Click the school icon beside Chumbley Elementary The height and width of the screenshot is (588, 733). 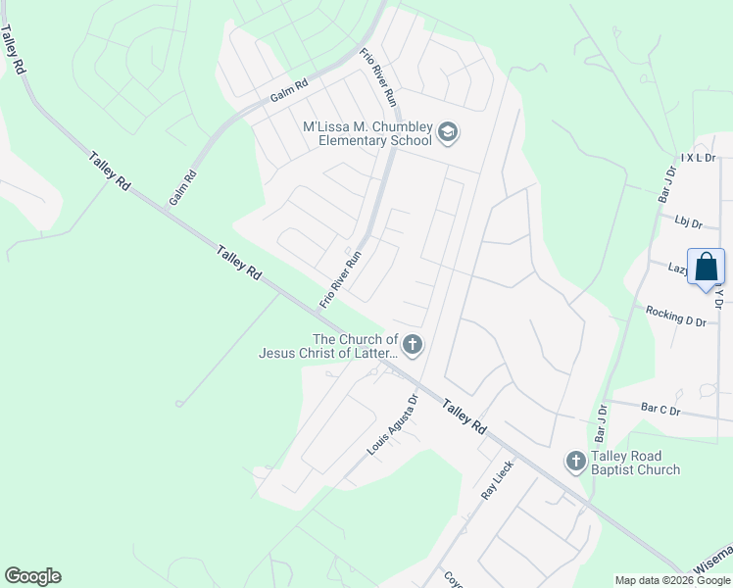(x=448, y=132)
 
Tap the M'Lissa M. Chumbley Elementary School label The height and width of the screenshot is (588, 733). (x=367, y=132)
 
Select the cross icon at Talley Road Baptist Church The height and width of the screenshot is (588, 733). (x=575, y=460)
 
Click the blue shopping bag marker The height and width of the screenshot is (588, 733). (x=706, y=268)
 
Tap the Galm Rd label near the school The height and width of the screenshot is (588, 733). (x=289, y=92)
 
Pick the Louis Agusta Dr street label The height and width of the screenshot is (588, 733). (x=393, y=424)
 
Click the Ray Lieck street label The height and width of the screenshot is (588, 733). (x=497, y=480)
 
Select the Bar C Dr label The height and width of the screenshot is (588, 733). (x=660, y=410)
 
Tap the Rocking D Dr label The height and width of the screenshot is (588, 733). (x=676, y=316)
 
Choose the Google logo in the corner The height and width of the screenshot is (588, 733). (x=32, y=576)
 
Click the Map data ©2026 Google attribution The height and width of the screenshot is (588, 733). (x=672, y=580)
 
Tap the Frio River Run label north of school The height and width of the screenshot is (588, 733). (x=377, y=76)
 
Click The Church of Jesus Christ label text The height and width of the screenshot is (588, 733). (x=328, y=346)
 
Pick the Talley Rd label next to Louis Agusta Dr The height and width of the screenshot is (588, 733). (x=464, y=416)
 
